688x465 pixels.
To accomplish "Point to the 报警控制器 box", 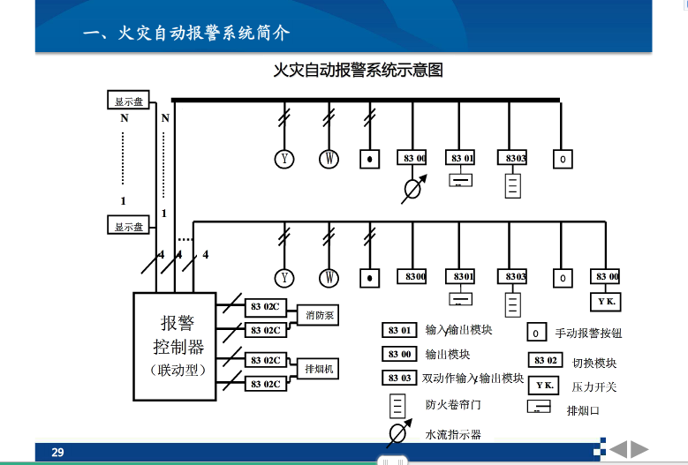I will click(174, 345).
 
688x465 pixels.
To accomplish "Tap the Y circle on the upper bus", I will click(284, 159).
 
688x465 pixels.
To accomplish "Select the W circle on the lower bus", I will click(329, 278).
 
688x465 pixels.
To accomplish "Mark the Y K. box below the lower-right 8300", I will click(607, 301).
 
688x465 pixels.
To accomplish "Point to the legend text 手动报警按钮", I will click(588, 334).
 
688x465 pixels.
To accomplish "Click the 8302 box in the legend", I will click(545, 360).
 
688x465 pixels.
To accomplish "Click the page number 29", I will click(57, 453).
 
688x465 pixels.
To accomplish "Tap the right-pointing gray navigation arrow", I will click(639, 449).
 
